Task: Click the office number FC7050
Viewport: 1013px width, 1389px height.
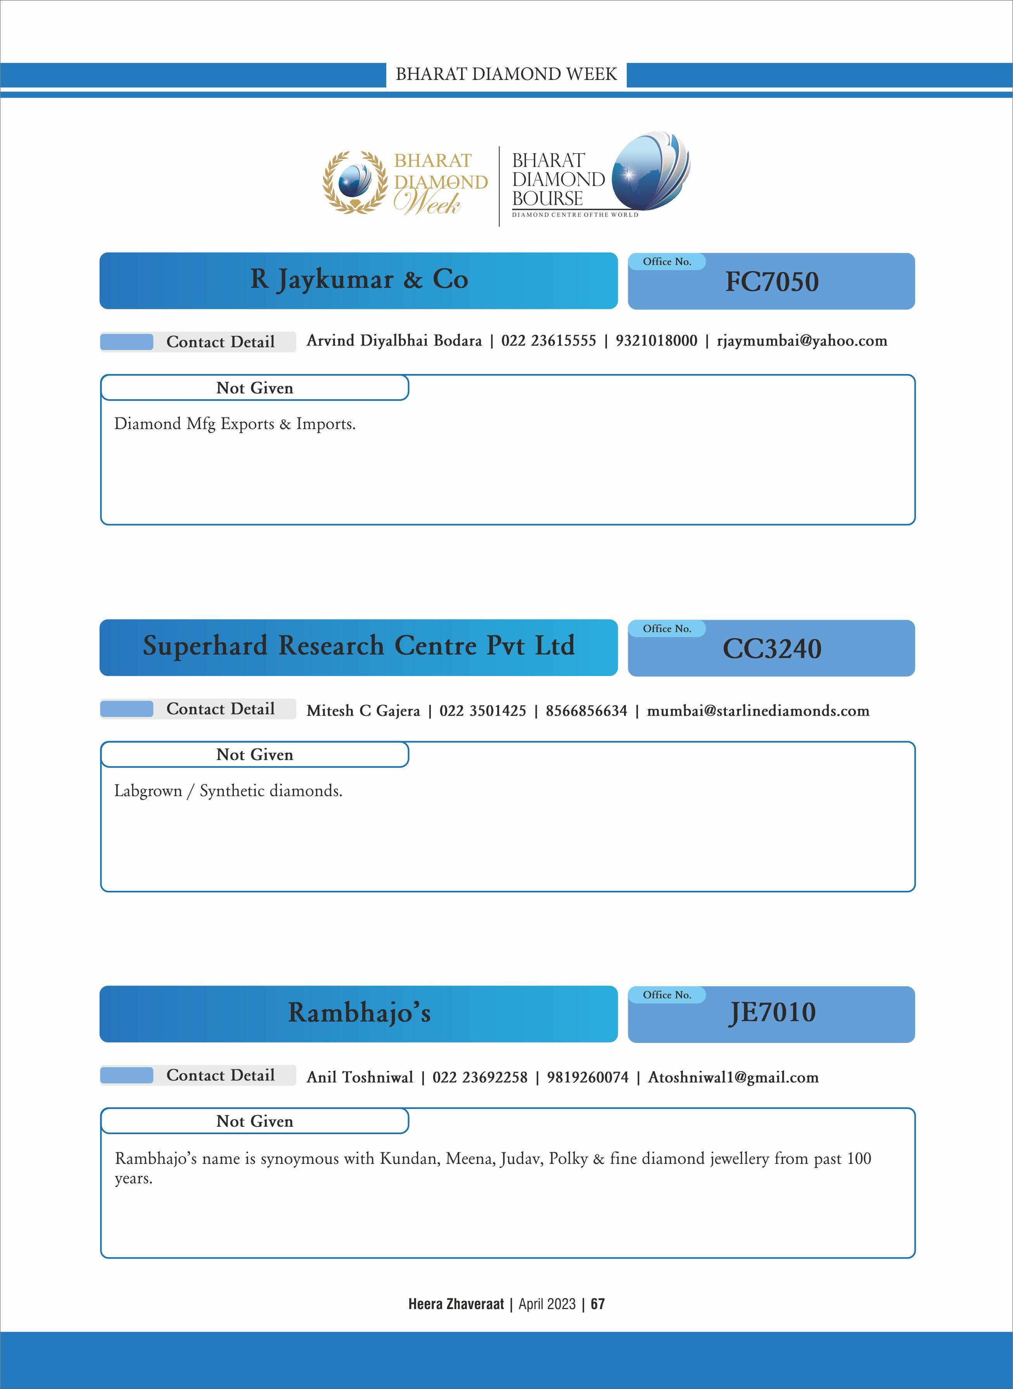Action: tap(771, 282)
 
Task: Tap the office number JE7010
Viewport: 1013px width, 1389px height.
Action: tap(771, 1013)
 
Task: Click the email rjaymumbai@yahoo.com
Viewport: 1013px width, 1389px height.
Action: tap(802, 341)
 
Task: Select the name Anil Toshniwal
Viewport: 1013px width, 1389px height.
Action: tap(360, 1077)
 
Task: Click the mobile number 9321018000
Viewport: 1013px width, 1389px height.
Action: tap(656, 341)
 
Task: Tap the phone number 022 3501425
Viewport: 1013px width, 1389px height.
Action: tap(482, 711)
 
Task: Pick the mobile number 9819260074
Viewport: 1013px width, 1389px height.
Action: tap(588, 1077)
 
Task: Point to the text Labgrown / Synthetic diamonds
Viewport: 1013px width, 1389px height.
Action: tap(228, 791)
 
